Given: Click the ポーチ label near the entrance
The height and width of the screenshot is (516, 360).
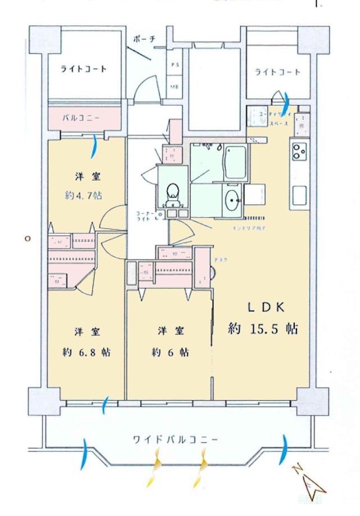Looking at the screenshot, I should coord(145,39).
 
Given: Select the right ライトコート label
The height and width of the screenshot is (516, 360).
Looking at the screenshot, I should coord(277,72).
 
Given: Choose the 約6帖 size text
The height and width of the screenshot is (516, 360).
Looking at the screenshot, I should coord(170,352).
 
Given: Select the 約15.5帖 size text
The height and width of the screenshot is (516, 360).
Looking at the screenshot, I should coord(263,328).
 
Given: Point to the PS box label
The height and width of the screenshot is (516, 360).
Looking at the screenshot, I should coord(175,66).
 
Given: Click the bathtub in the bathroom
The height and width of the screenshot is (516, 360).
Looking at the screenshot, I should coord(234,163).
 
